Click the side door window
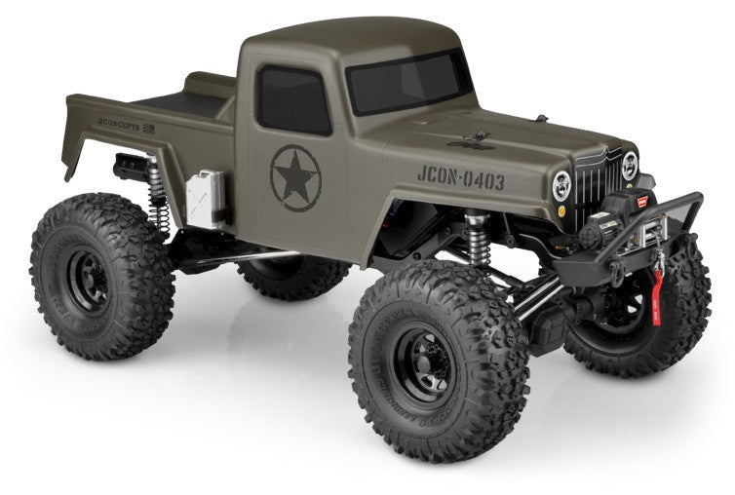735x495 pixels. point(292,100)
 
